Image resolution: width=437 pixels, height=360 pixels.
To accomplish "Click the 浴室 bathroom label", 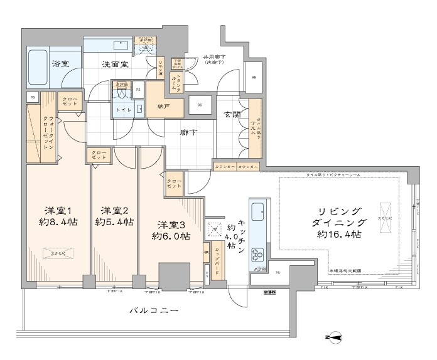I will pyautogui.click(x=60, y=64).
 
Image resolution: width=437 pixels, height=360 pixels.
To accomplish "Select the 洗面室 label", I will pyautogui.click(x=114, y=65).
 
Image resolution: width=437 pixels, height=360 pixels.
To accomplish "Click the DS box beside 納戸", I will pyautogui.click(x=199, y=105).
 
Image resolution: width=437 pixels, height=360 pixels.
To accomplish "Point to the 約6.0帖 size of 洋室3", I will pyautogui.click(x=171, y=236).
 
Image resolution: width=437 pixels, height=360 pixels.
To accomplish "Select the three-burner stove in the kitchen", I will pyautogui.click(x=258, y=254).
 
